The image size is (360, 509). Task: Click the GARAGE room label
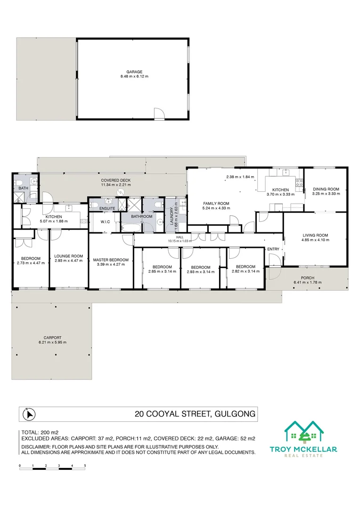134,72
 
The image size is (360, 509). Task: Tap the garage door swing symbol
160,113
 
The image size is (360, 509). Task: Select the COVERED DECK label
115,180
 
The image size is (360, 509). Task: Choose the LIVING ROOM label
315,235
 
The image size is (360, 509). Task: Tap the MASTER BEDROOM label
111,260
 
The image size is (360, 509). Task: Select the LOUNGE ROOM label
69,256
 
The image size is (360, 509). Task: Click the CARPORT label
52,337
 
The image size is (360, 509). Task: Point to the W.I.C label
105,221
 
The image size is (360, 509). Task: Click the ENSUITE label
103,208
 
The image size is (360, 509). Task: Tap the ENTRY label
273,249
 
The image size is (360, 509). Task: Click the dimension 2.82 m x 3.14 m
245,271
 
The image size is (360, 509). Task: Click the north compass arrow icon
29,415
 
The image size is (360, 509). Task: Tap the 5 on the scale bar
85,466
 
